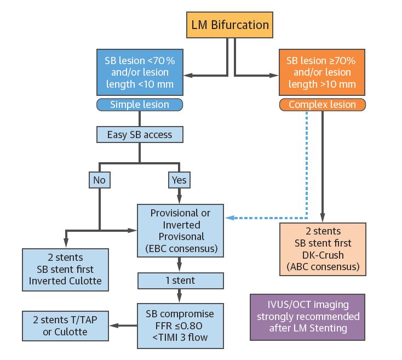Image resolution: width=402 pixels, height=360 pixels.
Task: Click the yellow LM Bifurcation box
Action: [x=229, y=25]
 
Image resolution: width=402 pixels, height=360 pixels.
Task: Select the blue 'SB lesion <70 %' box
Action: [x=140, y=72]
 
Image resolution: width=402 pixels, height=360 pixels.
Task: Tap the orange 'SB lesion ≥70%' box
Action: [x=322, y=72]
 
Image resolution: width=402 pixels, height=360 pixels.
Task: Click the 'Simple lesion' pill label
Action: [x=140, y=105]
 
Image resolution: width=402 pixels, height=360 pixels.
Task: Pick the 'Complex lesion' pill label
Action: [x=322, y=105]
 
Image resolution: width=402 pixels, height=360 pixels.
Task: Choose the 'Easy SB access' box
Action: [x=140, y=134]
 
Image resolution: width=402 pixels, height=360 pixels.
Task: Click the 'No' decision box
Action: [x=99, y=179]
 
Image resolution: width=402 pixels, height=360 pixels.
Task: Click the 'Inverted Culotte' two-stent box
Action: [x=66, y=269]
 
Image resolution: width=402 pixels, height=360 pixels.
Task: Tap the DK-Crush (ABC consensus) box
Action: [x=322, y=249]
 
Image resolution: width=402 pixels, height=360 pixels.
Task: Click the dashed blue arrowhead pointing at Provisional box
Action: [x=230, y=218]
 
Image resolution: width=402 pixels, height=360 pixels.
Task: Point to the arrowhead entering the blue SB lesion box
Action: [x=188, y=75]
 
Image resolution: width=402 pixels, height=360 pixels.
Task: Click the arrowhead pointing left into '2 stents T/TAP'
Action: [x=113, y=325]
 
